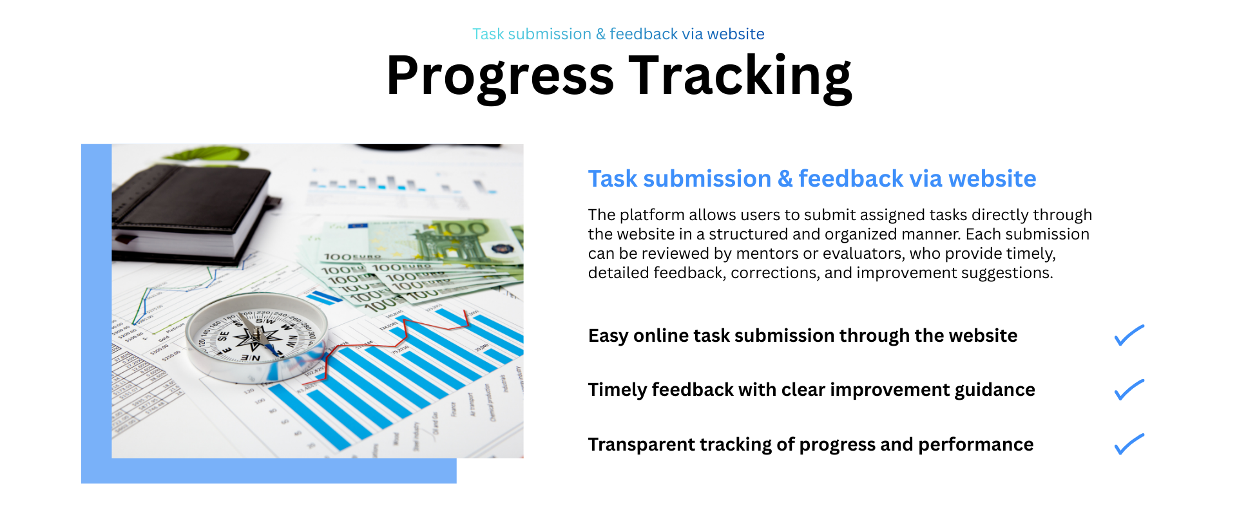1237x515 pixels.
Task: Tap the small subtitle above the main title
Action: (618, 34)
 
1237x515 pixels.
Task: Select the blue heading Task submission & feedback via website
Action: (812, 178)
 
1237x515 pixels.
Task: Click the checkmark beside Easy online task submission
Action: (1129, 335)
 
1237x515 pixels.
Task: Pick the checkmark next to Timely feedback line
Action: (1129, 390)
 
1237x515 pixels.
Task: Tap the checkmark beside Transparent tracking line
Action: (1129, 444)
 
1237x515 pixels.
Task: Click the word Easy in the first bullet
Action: (608, 336)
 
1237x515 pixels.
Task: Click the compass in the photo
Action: (257, 337)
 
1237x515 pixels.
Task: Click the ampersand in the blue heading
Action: (785, 179)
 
